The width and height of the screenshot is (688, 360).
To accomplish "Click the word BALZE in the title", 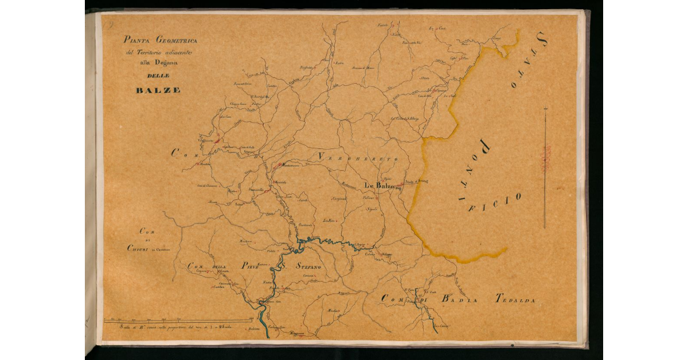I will click(x=158, y=90).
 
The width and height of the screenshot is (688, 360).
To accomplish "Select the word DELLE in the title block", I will click(x=158, y=76).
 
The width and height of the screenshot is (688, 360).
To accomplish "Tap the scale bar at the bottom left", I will click(x=178, y=320).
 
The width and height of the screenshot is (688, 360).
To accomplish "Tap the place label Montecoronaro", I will click(x=289, y=166).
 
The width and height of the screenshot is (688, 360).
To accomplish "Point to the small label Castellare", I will click(x=219, y=287).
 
